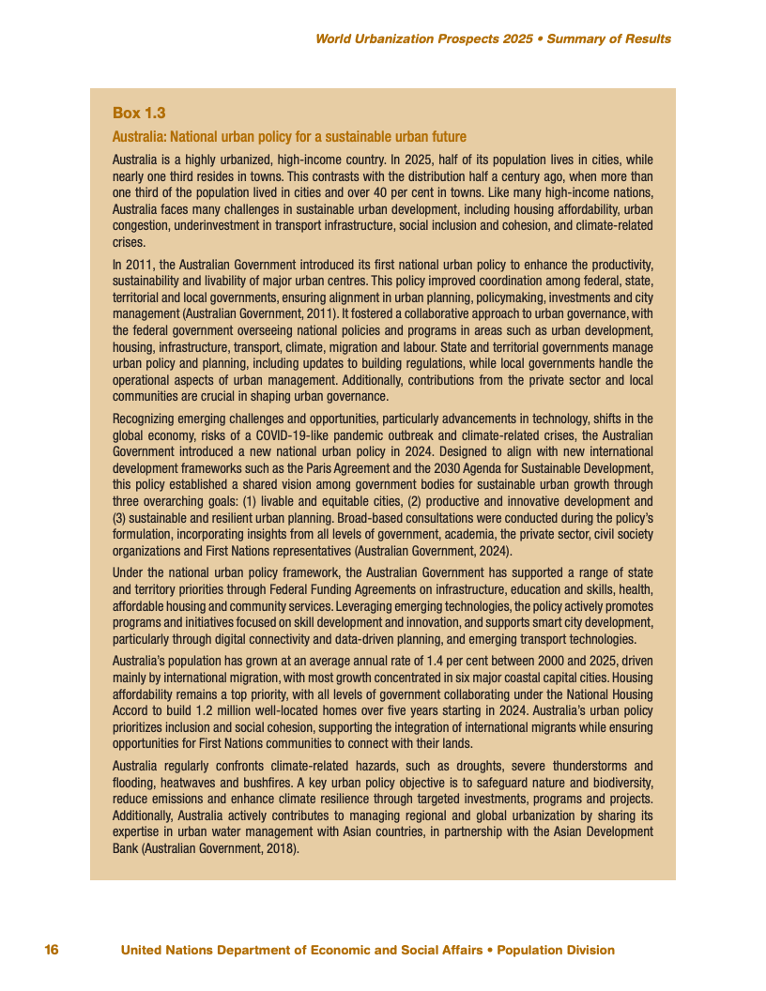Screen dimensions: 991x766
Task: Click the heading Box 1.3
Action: coord(139,113)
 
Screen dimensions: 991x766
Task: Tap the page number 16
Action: coord(52,950)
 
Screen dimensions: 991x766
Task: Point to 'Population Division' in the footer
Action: coord(556,950)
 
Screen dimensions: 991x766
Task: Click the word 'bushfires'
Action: coord(263,782)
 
